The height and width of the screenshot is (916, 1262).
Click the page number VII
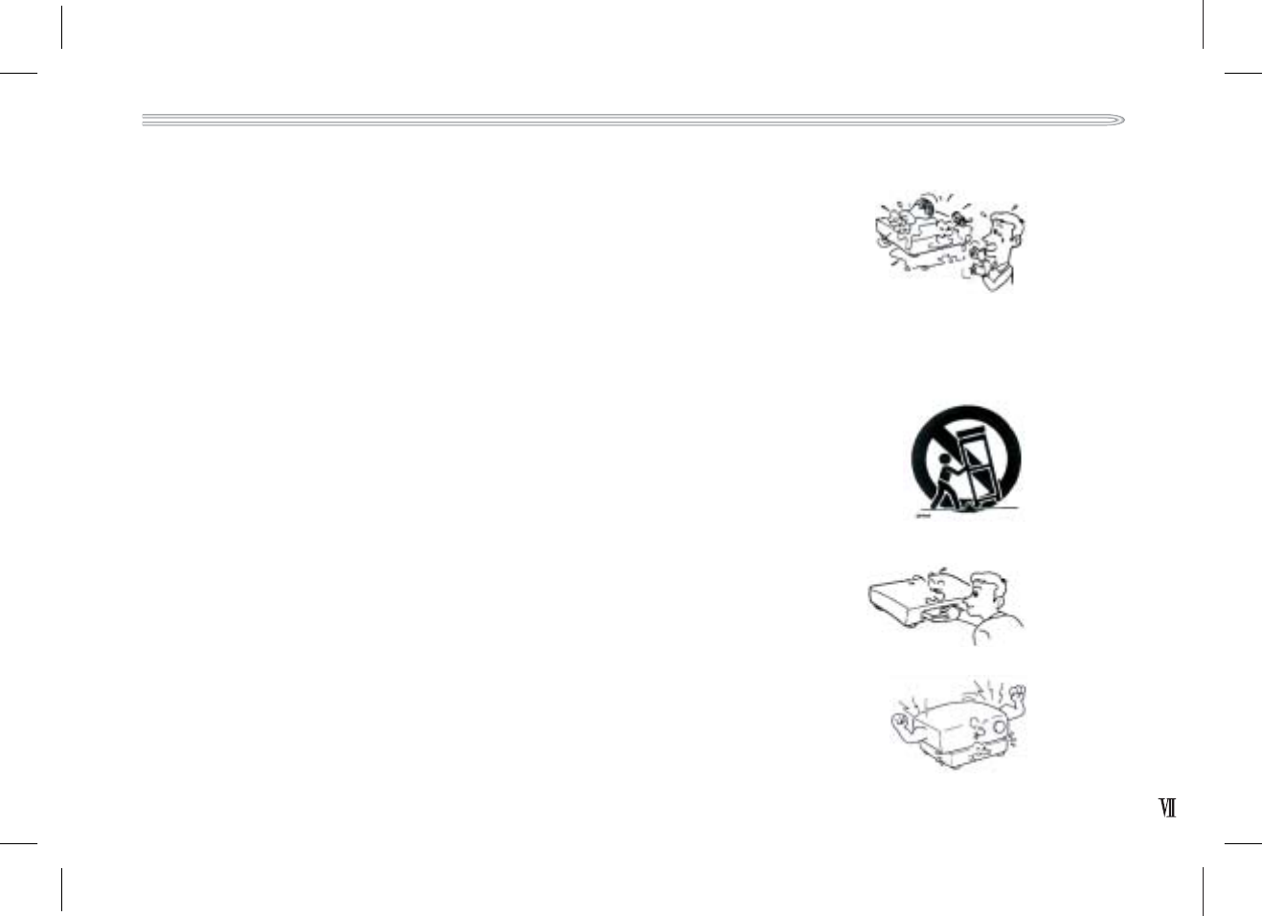pyautogui.click(x=1167, y=809)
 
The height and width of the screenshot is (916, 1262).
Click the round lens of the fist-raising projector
pyautogui.click(x=1000, y=726)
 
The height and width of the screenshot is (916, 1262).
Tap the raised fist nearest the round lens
pyautogui.click(x=1018, y=692)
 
